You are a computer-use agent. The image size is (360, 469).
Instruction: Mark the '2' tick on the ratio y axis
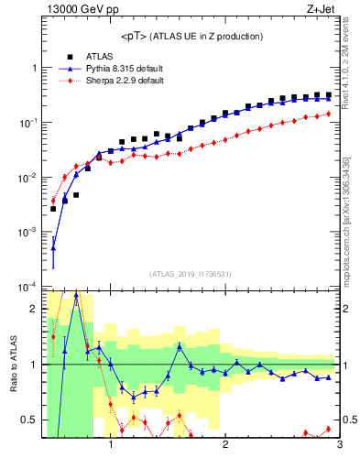[x=35, y=309]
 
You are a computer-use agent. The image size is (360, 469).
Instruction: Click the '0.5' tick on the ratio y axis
[x=31, y=420]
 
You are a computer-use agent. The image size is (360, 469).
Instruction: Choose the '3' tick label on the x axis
[x=339, y=446]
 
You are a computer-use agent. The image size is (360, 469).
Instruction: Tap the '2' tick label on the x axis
[x=225, y=446]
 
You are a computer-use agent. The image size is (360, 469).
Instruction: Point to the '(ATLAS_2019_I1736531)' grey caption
[x=191, y=274]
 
